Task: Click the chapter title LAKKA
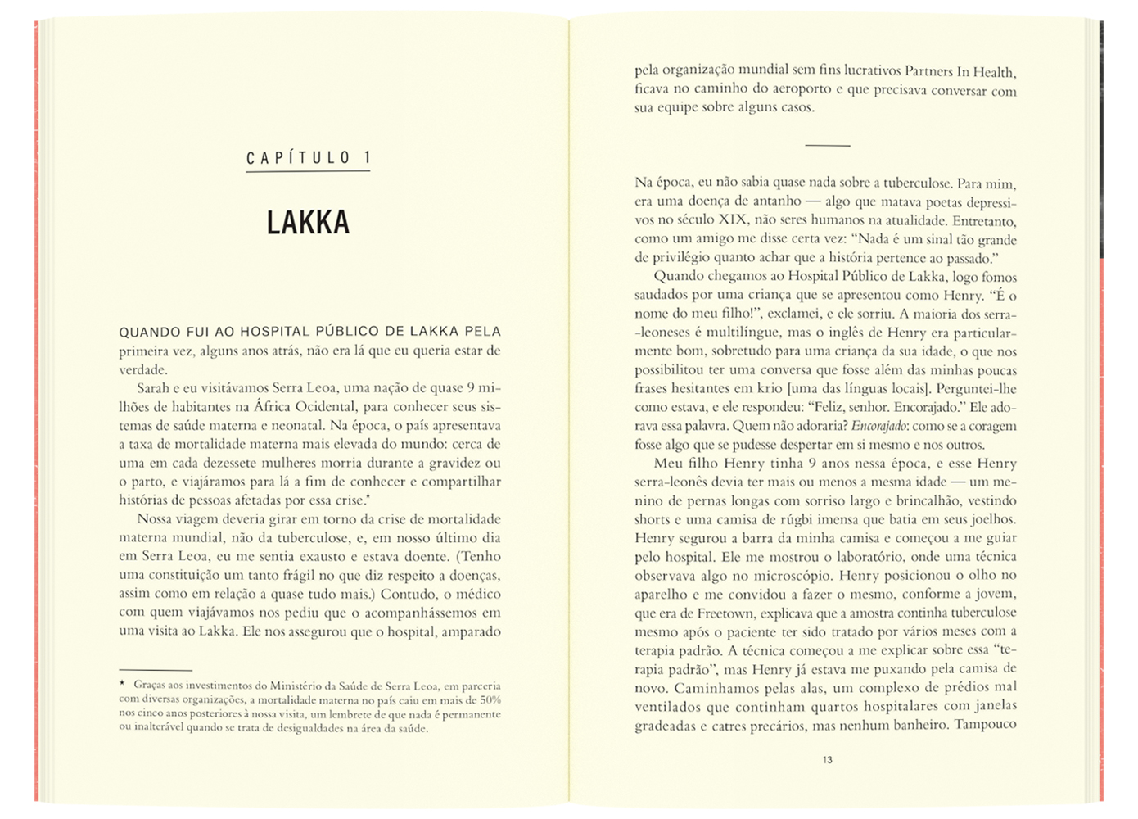click(x=308, y=223)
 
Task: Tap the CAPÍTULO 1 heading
click(x=309, y=158)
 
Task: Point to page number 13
click(x=827, y=760)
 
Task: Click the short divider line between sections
click(x=827, y=146)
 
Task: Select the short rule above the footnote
click(x=155, y=670)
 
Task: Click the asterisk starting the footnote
click(x=123, y=684)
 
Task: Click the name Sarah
click(x=153, y=388)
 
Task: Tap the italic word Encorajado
click(x=878, y=426)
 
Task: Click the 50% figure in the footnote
click(x=490, y=699)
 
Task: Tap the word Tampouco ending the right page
click(x=985, y=725)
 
